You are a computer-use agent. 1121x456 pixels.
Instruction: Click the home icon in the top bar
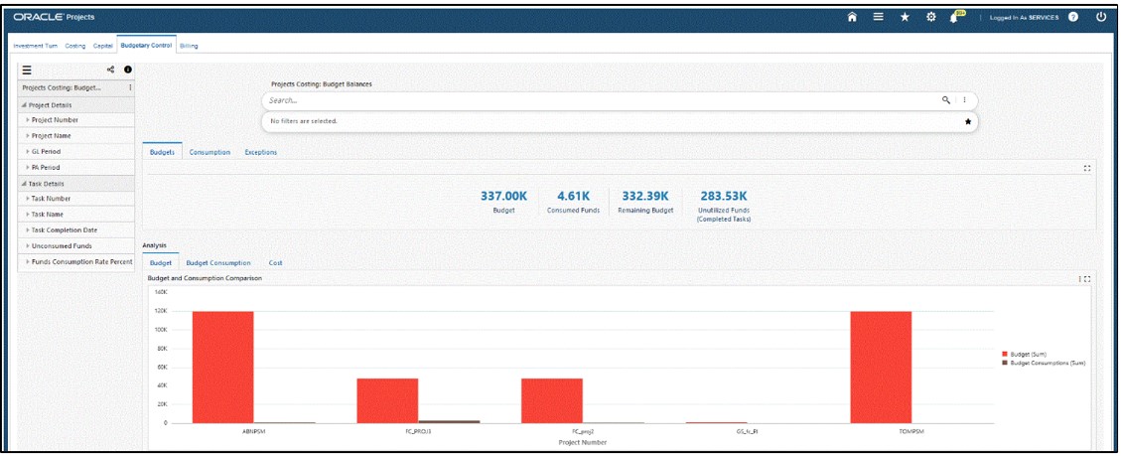tap(851, 17)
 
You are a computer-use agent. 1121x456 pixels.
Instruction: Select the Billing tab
tap(189, 46)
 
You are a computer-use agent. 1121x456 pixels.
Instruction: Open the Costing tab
tap(75, 46)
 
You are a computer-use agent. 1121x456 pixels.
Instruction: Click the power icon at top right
tap(1100, 17)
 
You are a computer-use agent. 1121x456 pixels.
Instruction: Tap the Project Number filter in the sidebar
tap(55, 119)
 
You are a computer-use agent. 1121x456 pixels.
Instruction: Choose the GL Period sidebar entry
tap(48, 151)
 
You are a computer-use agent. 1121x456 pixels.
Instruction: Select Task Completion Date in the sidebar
tap(64, 229)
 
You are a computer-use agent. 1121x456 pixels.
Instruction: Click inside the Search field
tap(596, 100)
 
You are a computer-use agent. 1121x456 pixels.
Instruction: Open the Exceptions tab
tap(260, 152)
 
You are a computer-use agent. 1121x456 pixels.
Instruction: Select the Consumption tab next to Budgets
tap(210, 152)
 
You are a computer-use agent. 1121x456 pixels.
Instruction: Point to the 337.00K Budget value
tap(503, 196)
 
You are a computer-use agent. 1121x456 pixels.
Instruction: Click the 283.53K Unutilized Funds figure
tap(723, 196)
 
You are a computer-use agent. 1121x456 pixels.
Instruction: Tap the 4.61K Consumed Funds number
tap(573, 196)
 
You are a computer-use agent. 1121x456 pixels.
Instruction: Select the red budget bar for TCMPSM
tap(881, 367)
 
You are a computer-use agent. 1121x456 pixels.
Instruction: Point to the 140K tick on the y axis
tap(162, 292)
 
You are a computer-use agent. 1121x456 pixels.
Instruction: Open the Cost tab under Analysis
tap(275, 263)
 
